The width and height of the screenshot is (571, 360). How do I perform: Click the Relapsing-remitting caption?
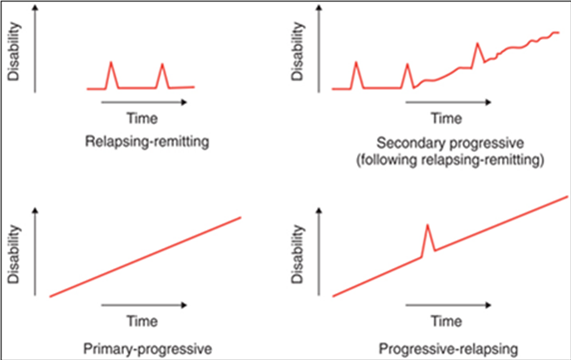pos(147,141)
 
